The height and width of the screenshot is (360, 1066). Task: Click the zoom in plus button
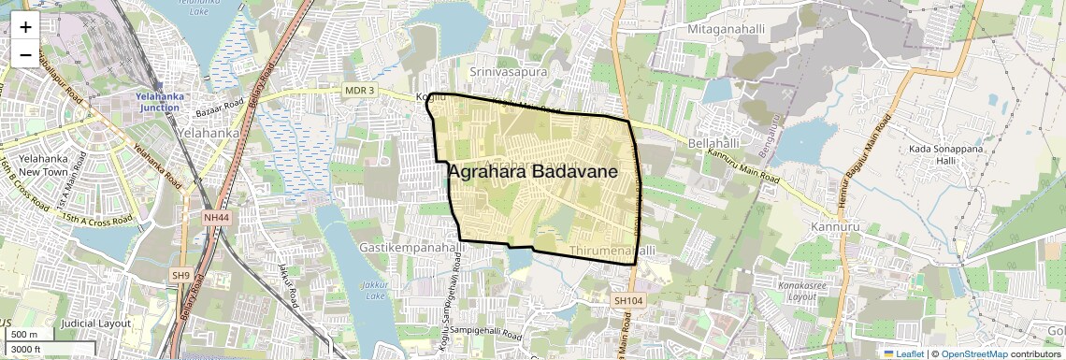25,27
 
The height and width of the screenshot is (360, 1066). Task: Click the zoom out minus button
25,55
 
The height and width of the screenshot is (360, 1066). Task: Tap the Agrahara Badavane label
533,172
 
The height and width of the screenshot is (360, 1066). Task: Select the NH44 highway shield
215,217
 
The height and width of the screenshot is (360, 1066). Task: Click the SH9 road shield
180,275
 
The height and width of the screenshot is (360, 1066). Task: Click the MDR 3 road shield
359,90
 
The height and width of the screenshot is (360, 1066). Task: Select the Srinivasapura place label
509,70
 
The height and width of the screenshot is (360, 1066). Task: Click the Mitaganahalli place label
726,30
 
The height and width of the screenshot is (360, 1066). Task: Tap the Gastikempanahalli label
411,248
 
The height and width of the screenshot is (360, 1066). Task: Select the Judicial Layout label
94,323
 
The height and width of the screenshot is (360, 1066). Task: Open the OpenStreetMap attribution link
973,353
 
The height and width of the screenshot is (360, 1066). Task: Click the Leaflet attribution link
903,353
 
